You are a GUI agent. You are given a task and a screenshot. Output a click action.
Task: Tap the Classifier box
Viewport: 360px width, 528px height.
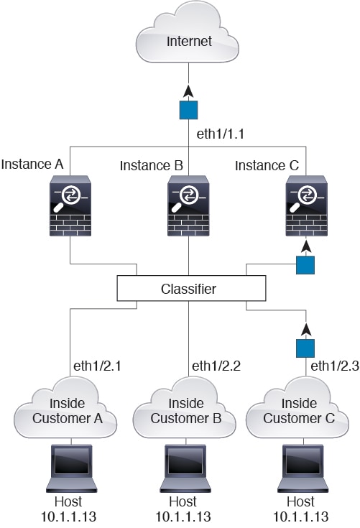coord(191,288)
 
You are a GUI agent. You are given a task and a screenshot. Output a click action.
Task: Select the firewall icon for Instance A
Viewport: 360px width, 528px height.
coord(70,205)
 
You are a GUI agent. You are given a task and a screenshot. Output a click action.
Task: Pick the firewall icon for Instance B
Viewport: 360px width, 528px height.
coord(188,205)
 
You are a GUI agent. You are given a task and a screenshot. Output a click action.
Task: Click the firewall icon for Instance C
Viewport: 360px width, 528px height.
coord(306,205)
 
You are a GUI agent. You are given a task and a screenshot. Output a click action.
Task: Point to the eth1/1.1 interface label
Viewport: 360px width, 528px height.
coord(221,134)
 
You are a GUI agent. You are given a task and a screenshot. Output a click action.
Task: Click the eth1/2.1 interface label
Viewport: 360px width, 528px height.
coord(97,366)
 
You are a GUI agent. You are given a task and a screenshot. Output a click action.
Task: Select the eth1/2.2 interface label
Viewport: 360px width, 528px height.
coord(216,366)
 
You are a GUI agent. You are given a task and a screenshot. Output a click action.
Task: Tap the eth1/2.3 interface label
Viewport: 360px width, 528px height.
coord(335,366)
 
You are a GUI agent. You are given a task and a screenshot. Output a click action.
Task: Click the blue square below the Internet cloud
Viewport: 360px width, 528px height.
coord(188,110)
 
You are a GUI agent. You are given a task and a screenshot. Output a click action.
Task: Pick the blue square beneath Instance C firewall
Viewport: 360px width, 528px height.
coord(305,265)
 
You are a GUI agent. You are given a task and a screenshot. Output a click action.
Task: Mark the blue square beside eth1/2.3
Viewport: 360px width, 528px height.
coord(305,348)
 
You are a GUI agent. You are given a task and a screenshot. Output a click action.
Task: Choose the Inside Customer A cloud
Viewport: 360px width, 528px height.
coord(65,409)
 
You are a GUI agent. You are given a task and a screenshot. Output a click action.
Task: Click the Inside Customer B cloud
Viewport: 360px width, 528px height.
coord(185,409)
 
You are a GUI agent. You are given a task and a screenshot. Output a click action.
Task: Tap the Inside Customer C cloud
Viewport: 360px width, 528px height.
coord(297,409)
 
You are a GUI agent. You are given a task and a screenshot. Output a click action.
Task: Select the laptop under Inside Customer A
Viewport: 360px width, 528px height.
coord(71,468)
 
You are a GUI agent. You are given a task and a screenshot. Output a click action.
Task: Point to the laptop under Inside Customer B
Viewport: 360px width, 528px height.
coord(185,468)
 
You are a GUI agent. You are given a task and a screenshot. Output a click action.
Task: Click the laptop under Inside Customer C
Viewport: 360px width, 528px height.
coord(303,468)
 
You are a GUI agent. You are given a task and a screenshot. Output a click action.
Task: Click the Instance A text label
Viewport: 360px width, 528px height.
coord(32,165)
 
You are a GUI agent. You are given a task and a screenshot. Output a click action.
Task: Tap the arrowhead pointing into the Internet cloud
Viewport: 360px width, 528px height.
coord(188,91)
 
